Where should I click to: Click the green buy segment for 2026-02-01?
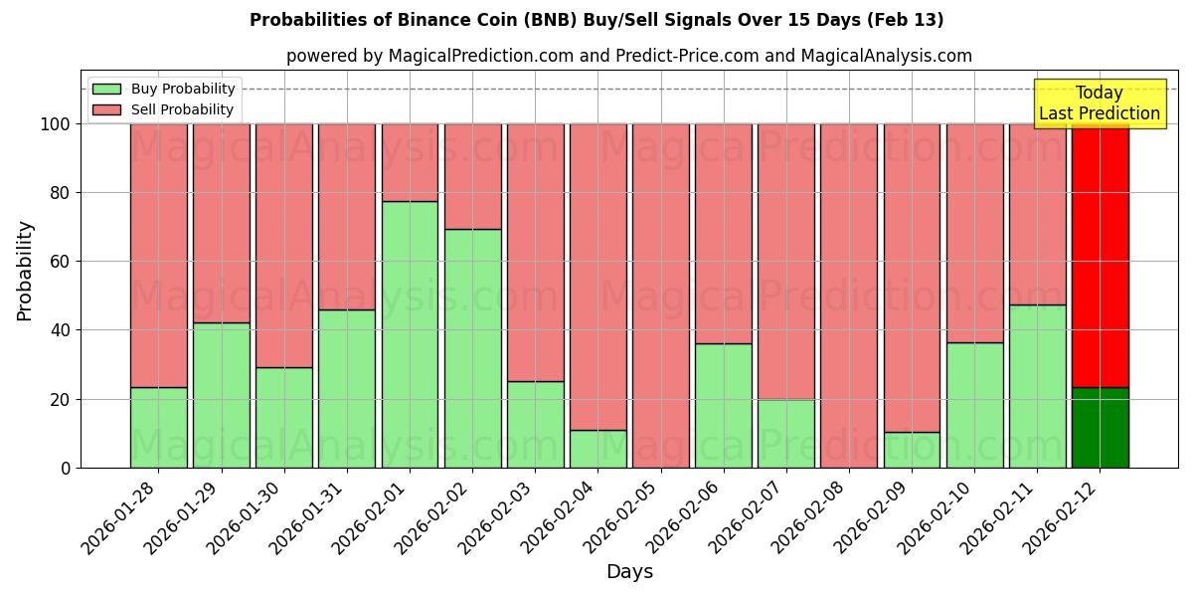click(x=410, y=334)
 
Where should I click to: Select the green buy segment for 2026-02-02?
click(x=472, y=348)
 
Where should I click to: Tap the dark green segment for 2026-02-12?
click(x=1100, y=428)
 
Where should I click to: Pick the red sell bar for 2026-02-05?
click(x=660, y=296)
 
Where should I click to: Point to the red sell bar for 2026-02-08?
click(x=848, y=296)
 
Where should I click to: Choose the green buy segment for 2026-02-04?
click(x=597, y=449)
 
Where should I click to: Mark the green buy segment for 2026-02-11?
click(x=1037, y=386)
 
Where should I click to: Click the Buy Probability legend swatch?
click(x=106, y=90)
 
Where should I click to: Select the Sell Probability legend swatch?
click(x=106, y=110)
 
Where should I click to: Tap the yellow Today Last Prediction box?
click(x=1099, y=103)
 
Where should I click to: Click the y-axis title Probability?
click(x=25, y=271)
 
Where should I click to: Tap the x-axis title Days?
click(x=629, y=572)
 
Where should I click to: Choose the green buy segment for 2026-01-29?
click(x=221, y=395)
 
